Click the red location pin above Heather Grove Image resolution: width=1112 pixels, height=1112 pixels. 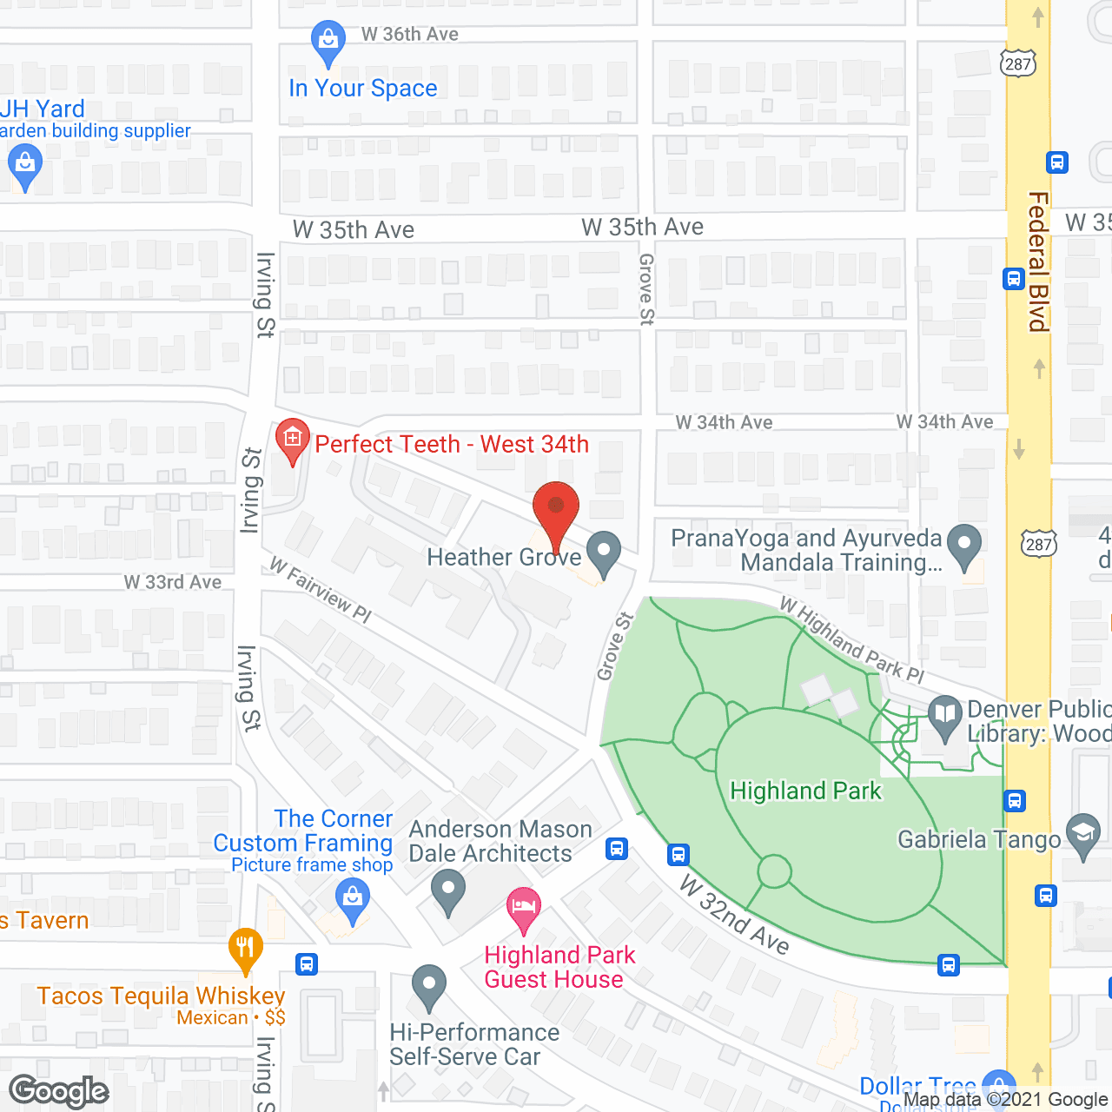coord(555,507)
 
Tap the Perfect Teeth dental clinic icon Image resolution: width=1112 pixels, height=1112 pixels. coord(293,440)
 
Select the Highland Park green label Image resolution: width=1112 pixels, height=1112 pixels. coord(805,791)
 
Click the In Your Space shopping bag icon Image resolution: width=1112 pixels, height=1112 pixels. coord(328,41)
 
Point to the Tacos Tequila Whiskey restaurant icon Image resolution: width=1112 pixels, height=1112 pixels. coord(246,949)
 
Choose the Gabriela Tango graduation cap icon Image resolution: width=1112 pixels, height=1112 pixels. coord(1083,835)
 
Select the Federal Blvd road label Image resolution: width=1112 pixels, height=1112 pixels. coord(1038,261)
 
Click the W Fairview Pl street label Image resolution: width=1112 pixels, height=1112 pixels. coord(320,590)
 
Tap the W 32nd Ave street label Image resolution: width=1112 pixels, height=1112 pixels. coord(734,915)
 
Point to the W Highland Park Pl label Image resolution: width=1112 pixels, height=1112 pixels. coord(851,639)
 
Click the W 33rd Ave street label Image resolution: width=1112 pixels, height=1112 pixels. coord(172,582)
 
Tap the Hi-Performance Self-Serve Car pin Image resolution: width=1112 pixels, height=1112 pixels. coord(428,987)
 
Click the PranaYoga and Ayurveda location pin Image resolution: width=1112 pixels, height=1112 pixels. coord(963,546)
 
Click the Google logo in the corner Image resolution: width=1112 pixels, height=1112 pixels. coord(58,1091)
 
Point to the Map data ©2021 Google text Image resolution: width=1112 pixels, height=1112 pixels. coord(1006,1100)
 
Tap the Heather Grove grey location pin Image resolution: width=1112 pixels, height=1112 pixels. coord(604,553)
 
